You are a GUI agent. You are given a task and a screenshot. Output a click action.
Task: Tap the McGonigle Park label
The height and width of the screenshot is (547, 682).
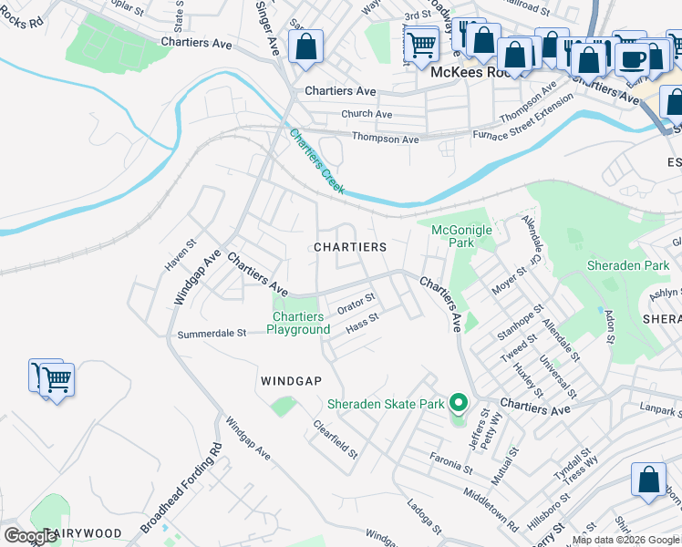point(461,237)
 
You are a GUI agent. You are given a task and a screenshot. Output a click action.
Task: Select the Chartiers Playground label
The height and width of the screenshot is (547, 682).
point(298,323)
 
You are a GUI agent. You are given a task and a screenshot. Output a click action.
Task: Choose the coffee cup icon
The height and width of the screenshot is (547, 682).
point(631,59)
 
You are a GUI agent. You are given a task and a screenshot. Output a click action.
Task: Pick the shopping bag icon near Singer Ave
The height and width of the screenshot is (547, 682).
point(305,46)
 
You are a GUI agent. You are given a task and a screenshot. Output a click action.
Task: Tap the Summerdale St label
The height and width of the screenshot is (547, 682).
point(212,334)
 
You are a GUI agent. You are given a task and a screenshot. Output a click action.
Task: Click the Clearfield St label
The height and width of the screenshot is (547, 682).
point(336,439)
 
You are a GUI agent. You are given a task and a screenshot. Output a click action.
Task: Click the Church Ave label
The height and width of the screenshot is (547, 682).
point(366,114)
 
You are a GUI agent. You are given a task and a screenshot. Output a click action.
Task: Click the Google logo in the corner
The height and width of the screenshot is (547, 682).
point(30,535)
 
